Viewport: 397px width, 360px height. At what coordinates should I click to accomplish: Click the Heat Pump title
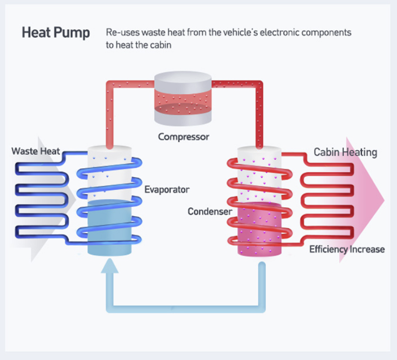point(56,33)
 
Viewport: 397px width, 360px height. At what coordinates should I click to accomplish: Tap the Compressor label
point(184,136)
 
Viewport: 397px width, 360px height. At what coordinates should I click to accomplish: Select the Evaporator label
point(167,189)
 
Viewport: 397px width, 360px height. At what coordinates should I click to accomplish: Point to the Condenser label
point(210,212)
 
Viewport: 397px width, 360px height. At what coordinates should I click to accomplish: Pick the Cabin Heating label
point(345,152)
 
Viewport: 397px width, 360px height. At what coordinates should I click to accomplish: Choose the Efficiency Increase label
point(346,249)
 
